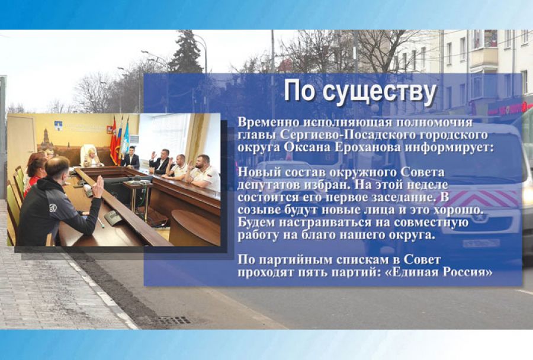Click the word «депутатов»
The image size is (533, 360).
pyautogui.click(x=266, y=185)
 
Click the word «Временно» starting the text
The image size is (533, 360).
pyautogui.click(x=266, y=122)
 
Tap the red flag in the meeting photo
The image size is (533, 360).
pyautogui.click(x=113, y=140)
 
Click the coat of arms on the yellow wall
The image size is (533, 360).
pyautogui.click(x=58, y=125)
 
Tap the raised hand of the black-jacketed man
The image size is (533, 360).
pyautogui.click(x=98, y=187)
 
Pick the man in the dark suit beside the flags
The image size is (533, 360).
pyautogui.click(x=132, y=157)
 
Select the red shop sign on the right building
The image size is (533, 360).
pyautogui.click(x=509, y=108)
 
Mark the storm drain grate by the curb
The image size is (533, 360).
pyautogui.click(x=173, y=320)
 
